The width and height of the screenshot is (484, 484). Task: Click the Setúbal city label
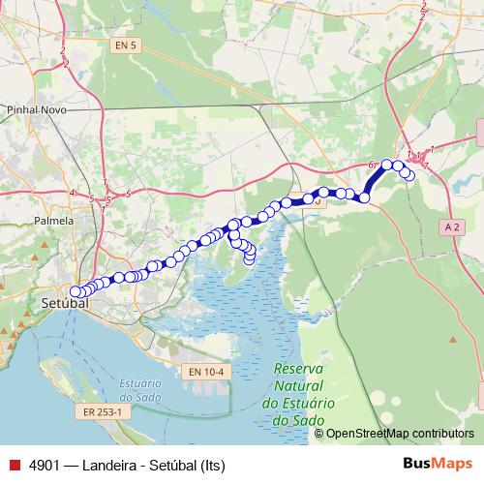coord(65,304)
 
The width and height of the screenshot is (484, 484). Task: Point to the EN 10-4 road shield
coord(205,372)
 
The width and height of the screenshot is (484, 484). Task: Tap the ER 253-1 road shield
coord(101,411)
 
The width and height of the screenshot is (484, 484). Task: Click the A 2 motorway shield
coord(452,226)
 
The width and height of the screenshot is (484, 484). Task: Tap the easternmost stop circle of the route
coord(409,175)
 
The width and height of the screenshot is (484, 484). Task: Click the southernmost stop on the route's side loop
coord(249,258)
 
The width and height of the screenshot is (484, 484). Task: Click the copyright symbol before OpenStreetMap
coord(319,434)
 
